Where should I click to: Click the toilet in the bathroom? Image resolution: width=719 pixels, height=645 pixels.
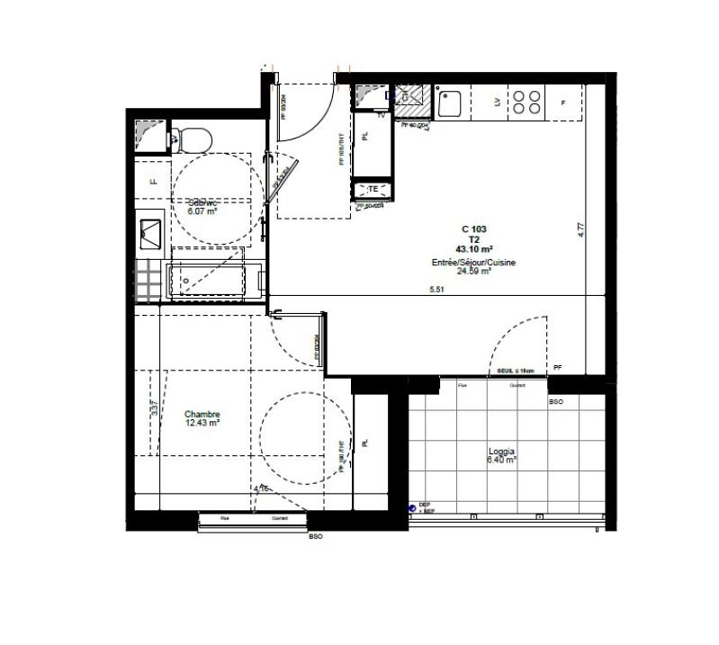192,139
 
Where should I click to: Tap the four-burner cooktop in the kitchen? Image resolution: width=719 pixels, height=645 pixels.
527,101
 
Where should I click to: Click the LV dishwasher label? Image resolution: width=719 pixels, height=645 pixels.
497,102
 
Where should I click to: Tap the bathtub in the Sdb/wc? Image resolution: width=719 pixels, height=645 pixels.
213,281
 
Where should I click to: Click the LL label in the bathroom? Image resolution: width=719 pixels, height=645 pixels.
153,181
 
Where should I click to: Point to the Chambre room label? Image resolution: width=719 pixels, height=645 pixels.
202,415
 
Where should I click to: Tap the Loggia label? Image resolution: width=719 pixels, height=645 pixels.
501,452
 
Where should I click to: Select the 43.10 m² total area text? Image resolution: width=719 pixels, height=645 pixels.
473,249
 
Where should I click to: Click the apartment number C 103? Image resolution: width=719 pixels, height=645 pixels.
473,230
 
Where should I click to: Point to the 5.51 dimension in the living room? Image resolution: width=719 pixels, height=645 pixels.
436,289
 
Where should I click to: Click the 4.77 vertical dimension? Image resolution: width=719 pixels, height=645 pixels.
582,229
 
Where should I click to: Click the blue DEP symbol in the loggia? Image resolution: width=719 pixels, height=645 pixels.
411,508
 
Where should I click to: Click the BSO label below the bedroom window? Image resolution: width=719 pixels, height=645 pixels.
315,536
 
